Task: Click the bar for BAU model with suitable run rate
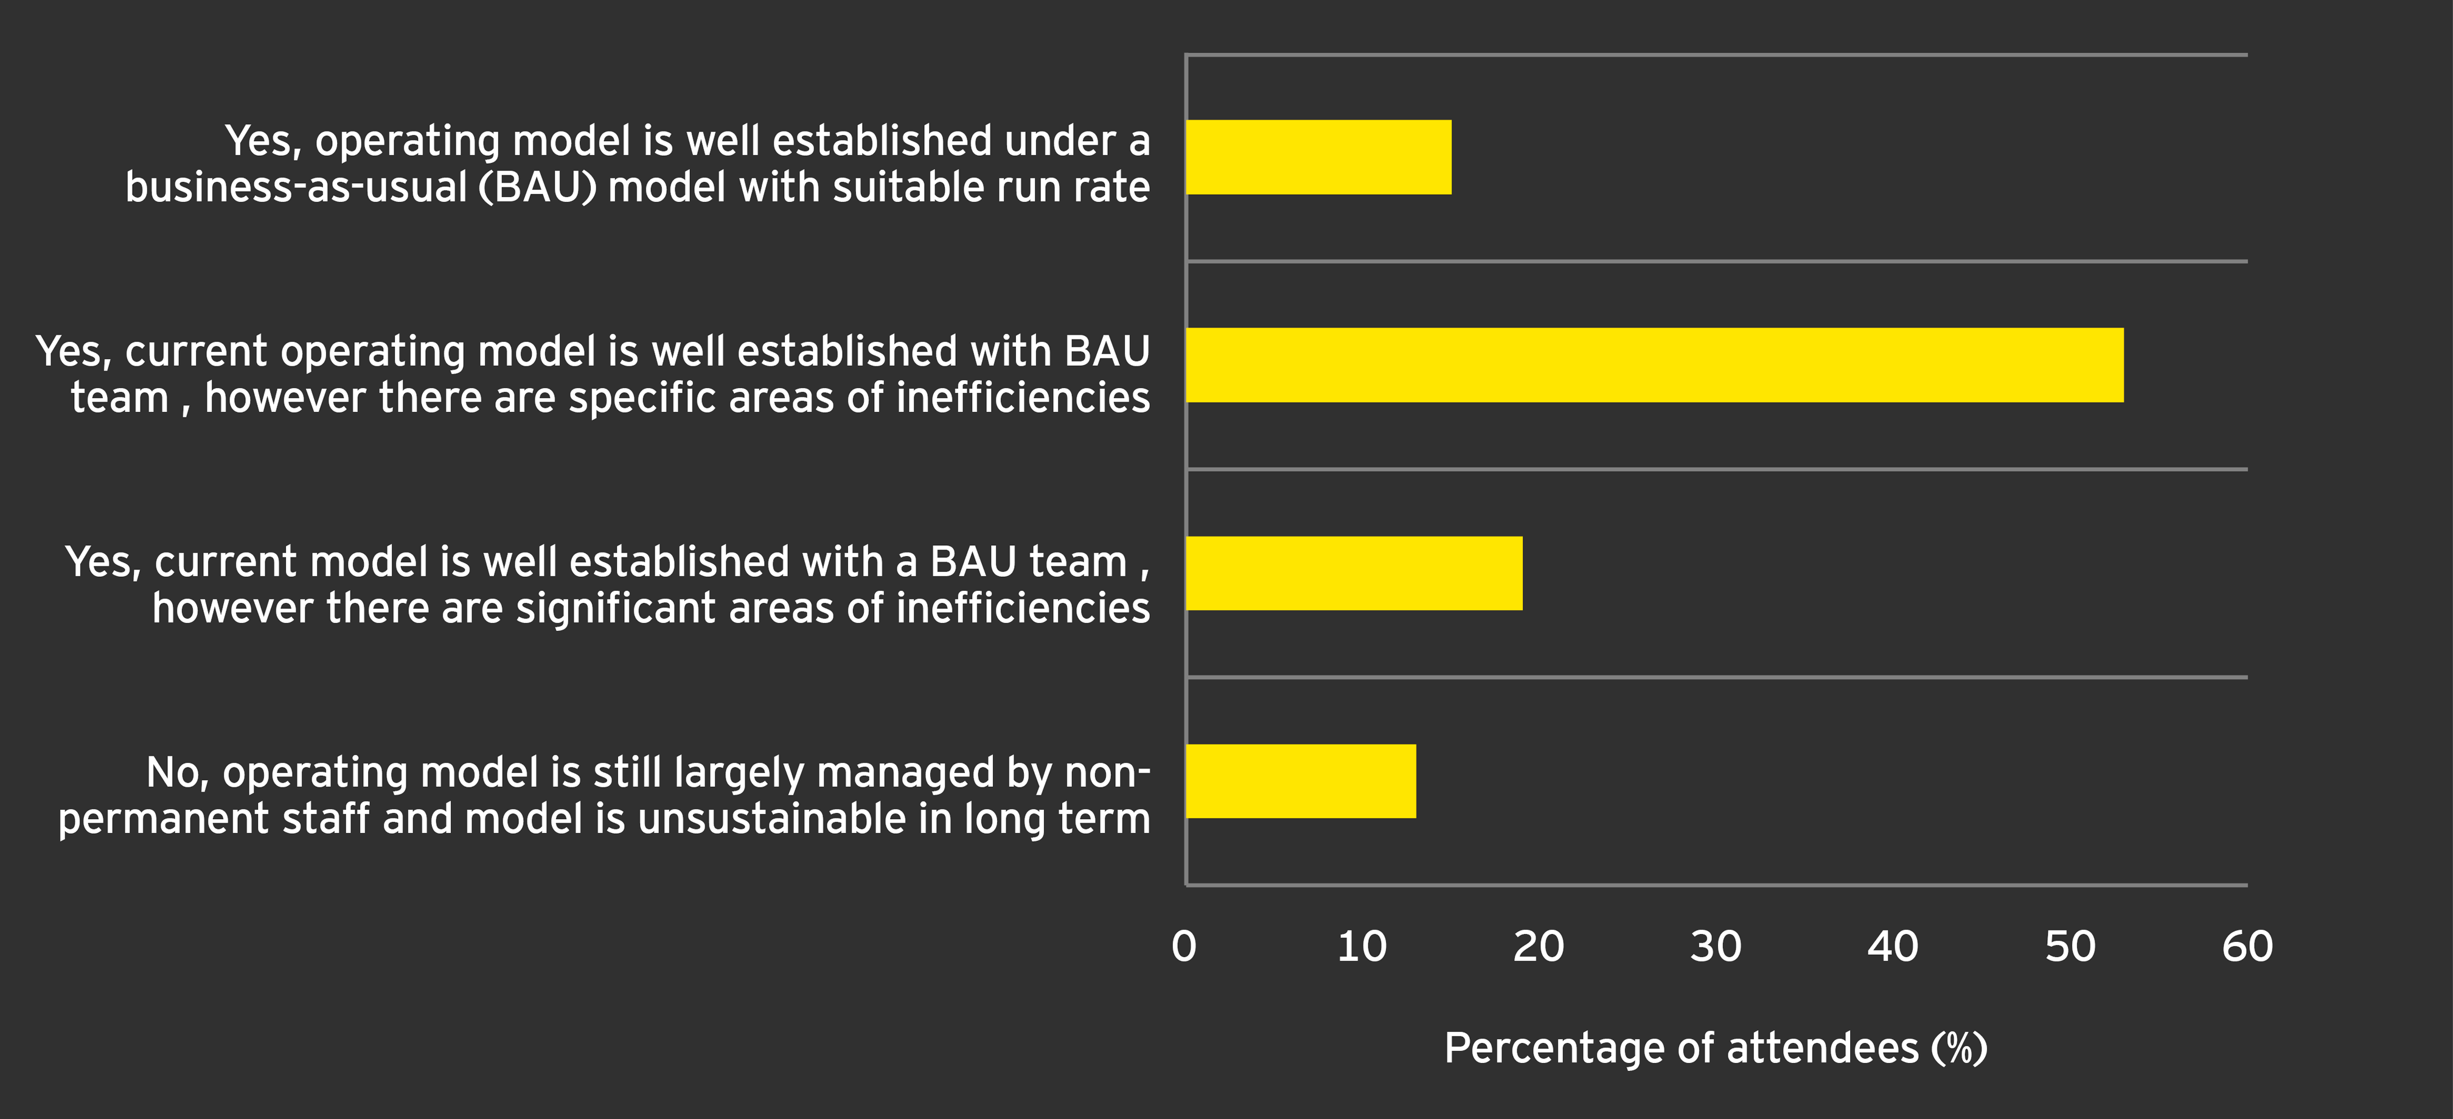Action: point(1319,157)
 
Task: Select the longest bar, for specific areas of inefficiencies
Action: point(1655,364)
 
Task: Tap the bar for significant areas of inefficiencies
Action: point(1354,573)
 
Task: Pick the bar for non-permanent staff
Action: point(1301,781)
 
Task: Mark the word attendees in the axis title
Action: point(1823,1048)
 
